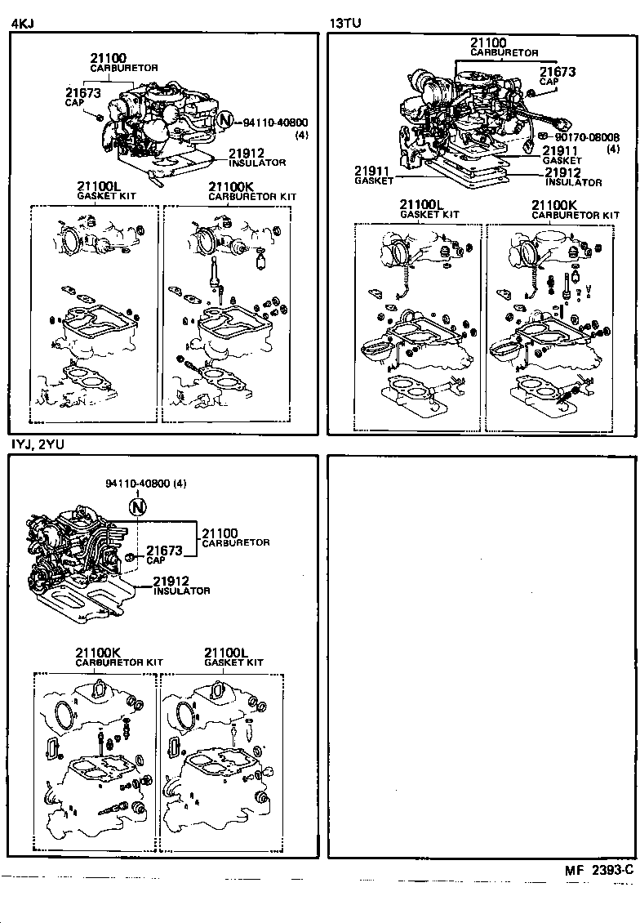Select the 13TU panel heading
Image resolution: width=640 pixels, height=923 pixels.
coord(344,24)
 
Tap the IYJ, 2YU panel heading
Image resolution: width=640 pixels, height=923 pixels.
coord(38,444)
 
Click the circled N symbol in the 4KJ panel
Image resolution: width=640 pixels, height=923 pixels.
coord(225,122)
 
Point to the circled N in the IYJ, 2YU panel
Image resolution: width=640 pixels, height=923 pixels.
coord(137,507)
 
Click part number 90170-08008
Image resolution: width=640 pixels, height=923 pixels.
coord(587,138)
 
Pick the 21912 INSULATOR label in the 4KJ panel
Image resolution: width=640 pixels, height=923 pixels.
coord(256,157)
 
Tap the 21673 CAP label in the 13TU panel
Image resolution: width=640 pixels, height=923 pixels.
coord(557,76)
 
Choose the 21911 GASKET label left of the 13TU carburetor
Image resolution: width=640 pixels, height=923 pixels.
coord(372,175)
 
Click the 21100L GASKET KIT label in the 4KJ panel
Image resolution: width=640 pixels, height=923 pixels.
coord(106,190)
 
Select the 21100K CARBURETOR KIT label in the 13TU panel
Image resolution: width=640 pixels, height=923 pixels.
coord(575,209)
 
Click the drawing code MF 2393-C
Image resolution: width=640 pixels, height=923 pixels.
coord(598,870)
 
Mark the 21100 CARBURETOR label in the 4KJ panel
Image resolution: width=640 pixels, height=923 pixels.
coord(123,62)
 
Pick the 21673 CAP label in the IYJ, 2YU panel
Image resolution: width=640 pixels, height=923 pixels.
coord(164,555)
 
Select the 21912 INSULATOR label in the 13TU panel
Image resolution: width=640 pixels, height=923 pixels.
coord(573,176)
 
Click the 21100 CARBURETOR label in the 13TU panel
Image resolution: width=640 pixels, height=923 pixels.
coord(504,47)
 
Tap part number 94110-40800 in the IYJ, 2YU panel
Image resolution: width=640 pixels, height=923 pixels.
coord(146,483)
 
